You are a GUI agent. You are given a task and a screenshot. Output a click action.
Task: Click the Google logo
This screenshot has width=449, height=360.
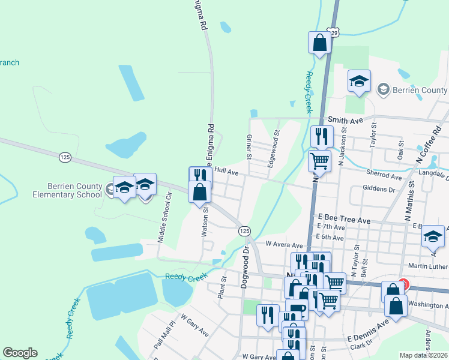point(20,353)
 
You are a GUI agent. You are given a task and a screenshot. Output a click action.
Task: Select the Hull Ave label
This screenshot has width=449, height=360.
point(227,172)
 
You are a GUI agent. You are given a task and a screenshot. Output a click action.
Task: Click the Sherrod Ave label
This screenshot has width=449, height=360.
point(384,177)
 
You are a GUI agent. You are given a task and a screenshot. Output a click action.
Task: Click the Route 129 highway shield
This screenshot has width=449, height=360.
point(334,31)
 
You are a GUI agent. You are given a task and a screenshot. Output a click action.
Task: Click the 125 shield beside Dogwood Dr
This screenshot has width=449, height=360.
point(244,231)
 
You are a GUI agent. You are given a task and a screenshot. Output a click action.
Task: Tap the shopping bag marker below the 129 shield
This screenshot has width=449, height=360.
point(319,43)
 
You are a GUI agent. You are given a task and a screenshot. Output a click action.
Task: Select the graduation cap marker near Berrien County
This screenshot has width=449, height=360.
point(359,82)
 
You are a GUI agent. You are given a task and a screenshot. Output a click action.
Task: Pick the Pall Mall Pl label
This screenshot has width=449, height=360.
point(163,331)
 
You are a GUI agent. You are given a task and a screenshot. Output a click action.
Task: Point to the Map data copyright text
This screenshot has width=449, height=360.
point(424,355)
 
